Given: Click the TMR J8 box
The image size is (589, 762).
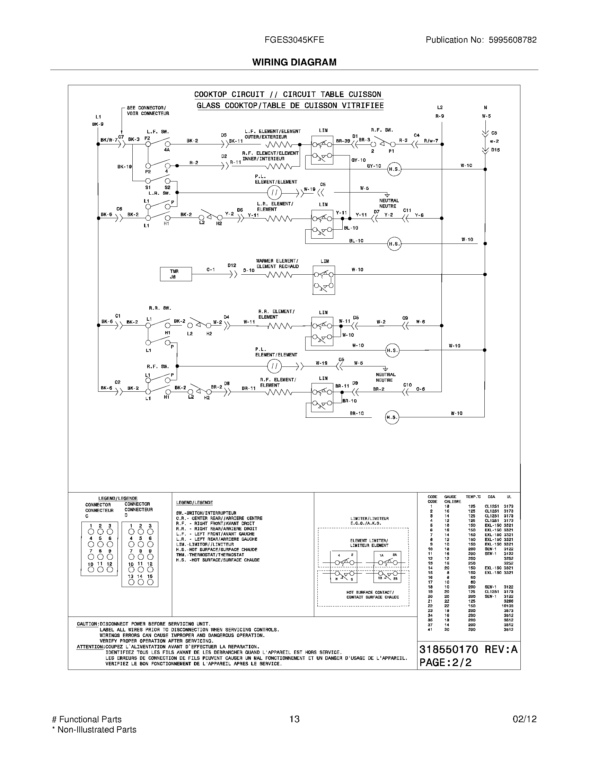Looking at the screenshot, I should [176, 274].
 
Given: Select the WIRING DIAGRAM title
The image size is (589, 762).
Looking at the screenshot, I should [294, 62].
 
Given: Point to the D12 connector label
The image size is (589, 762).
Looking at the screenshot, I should [232, 266].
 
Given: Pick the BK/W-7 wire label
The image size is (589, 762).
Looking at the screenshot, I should [109, 140].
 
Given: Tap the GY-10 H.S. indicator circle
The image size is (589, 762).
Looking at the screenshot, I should [394, 169].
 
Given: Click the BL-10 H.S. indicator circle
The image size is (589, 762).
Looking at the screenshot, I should [394, 244].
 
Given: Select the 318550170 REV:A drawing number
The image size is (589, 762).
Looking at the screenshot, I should [468, 649].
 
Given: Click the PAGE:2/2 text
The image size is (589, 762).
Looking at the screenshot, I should [445, 663].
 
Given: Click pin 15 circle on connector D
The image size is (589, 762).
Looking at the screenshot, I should [150, 582].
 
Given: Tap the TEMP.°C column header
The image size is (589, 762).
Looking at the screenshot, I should [473, 496].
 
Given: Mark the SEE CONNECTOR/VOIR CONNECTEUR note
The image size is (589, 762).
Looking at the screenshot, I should [148, 110].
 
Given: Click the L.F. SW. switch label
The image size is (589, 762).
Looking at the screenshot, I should [158, 132].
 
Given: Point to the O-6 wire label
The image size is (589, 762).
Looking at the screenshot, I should [421, 389].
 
